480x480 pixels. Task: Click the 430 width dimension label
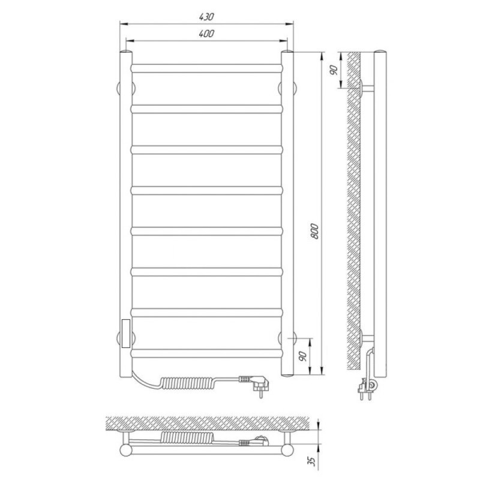(x=206, y=17)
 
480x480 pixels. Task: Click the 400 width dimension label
(x=206, y=34)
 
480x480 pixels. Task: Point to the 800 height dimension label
(x=314, y=232)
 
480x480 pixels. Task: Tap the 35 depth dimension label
(x=311, y=461)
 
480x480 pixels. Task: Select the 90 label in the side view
(x=334, y=70)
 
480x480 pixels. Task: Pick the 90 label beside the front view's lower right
(x=303, y=356)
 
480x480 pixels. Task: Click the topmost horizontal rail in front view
(x=206, y=68)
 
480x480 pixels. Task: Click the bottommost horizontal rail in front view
(x=206, y=353)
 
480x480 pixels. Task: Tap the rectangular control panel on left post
(x=126, y=334)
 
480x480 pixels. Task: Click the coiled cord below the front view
(x=189, y=383)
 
